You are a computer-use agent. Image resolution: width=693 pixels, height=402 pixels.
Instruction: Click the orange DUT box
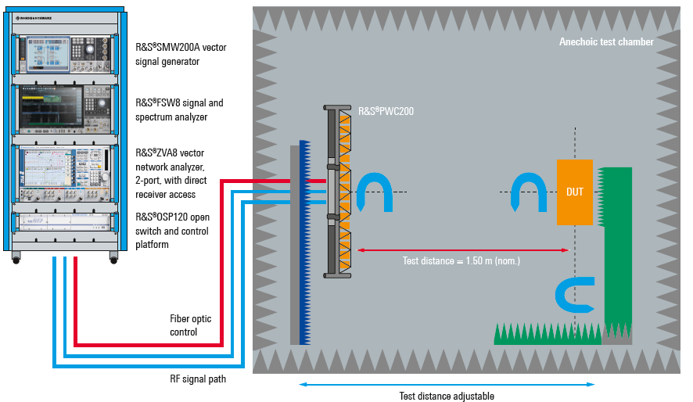pyautogui.click(x=575, y=192)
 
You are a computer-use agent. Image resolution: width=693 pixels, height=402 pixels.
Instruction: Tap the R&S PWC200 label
pyautogui.click(x=386, y=112)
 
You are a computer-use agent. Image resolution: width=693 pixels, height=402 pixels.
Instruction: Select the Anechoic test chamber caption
pyautogui.click(x=606, y=42)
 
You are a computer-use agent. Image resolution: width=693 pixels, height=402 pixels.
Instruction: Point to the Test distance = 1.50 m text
pyautogui.click(x=461, y=261)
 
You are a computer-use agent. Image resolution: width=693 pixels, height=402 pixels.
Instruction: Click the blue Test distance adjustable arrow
pyautogui.click(x=447, y=384)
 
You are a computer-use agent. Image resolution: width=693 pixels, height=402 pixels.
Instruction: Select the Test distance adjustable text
pyautogui.click(x=447, y=397)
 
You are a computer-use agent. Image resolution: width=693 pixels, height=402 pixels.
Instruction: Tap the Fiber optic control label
pyautogui.click(x=190, y=325)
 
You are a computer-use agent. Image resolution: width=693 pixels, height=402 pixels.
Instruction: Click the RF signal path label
pyautogui.click(x=198, y=380)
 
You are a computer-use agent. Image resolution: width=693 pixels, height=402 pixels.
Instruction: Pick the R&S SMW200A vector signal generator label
pyautogui.click(x=181, y=54)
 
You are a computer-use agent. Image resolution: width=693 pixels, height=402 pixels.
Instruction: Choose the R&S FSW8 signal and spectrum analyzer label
pyautogui.click(x=179, y=109)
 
